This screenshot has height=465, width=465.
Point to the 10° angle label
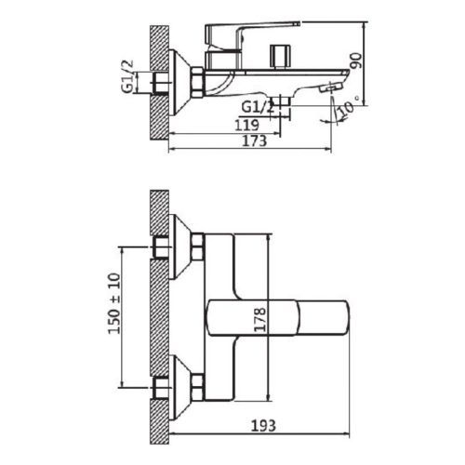point(346,111)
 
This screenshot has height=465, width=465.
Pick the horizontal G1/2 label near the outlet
point(258,107)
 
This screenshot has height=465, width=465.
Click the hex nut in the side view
point(199,82)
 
